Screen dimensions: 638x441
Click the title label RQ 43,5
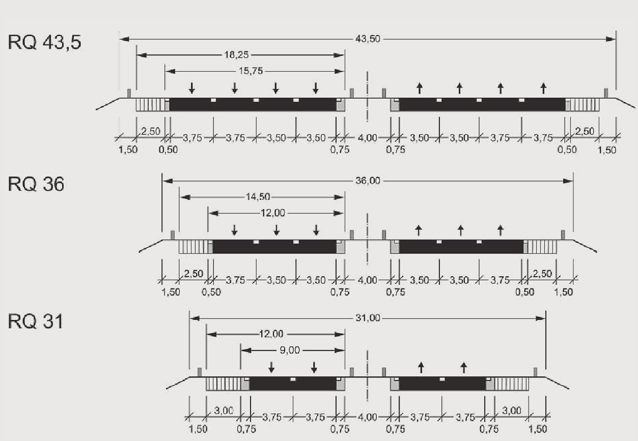click(x=44, y=43)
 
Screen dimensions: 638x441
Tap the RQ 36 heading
click(x=36, y=184)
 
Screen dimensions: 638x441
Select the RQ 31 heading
click(x=35, y=321)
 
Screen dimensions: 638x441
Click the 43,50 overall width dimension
click(x=368, y=39)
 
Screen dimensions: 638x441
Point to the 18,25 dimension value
click(x=236, y=54)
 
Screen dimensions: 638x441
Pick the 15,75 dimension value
click(x=251, y=71)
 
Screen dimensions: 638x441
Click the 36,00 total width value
click(x=368, y=181)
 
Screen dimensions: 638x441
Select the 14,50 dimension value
click(x=258, y=197)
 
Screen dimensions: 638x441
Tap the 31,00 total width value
click(x=368, y=318)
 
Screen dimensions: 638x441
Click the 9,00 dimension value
click(x=290, y=350)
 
